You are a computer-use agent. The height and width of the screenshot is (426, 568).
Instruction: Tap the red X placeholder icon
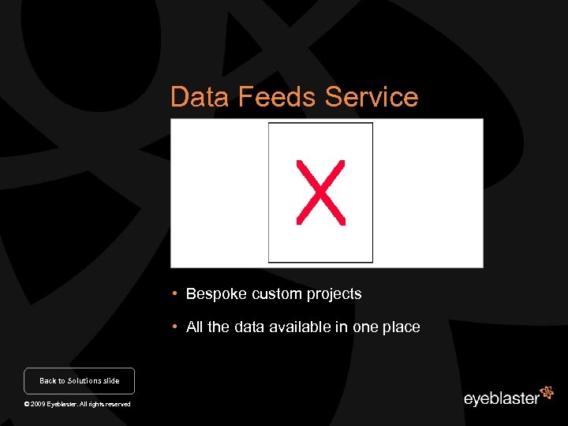point(320,192)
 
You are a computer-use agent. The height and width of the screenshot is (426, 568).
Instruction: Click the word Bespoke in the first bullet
point(217,294)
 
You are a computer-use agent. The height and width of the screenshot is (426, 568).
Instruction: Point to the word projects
point(334,295)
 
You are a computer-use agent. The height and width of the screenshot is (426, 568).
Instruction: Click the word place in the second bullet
point(402,327)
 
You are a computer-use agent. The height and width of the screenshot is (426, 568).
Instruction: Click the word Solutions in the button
point(84,381)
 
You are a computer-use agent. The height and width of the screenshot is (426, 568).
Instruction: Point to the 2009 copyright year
point(37,405)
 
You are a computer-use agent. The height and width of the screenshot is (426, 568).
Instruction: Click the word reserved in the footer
point(117,405)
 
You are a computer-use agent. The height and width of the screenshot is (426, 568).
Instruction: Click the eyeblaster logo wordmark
point(501,398)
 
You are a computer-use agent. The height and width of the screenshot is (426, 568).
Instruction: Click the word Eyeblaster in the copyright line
point(62,405)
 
